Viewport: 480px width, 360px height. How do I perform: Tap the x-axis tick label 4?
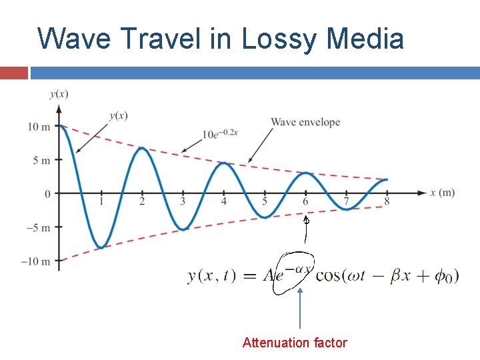(x=224, y=202)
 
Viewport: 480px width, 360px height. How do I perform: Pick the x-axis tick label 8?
(x=387, y=202)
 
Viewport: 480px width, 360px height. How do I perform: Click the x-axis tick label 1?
(x=101, y=202)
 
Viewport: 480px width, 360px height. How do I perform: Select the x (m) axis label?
(x=443, y=193)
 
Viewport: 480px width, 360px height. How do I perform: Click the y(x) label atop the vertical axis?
(x=59, y=94)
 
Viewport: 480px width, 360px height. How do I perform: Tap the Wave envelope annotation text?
(x=305, y=122)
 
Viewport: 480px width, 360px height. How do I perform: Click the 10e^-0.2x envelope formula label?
(x=220, y=133)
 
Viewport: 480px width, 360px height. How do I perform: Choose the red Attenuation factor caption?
(x=295, y=343)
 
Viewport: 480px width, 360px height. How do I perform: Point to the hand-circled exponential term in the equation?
(x=293, y=274)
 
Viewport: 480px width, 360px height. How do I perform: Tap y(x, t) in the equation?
(x=211, y=276)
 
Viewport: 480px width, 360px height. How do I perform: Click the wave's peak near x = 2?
(x=141, y=149)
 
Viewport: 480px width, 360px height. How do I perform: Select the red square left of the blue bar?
(x=13, y=73)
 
